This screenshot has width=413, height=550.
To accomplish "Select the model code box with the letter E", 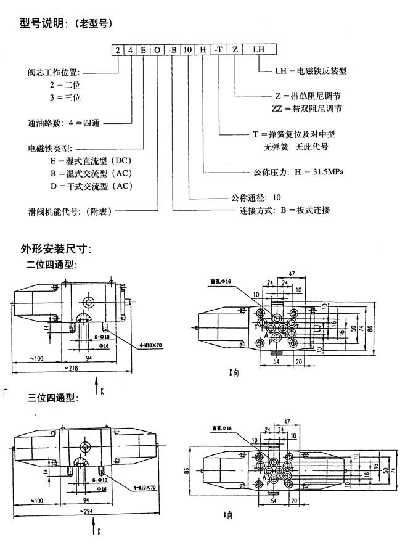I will click(x=144, y=50).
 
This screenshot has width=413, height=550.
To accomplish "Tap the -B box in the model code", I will click(x=173, y=50).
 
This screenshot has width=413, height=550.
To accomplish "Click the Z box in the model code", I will click(x=236, y=50).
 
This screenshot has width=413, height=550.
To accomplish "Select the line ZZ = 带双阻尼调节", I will click(x=306, y=109).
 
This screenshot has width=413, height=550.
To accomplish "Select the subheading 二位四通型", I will click(x=52, y=265).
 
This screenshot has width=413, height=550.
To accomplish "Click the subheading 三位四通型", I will click(x=52, y=398).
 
